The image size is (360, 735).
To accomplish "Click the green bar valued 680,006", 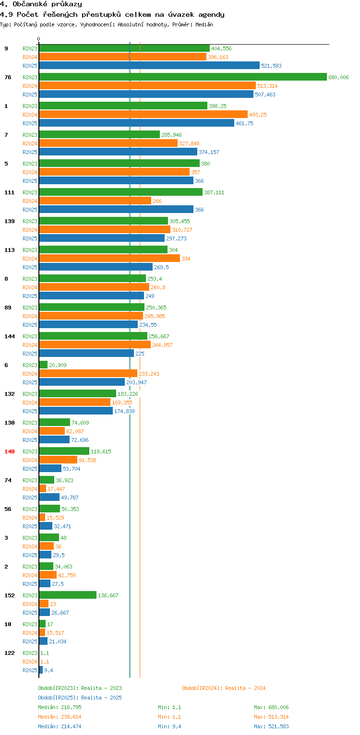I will pyautogui.click(x=182, y=77).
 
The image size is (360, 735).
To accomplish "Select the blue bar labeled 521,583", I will pyautogui.click(x=149, y=65).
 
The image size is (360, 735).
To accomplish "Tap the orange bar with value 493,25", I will pyautogui.click(x=143, y=114).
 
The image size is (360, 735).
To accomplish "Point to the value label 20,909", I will pyautogui.click(x=58, y=365).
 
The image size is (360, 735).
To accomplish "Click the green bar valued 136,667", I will pyautogui.click(x=67, y=595).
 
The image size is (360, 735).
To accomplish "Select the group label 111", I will pyautogui.click(x=10, y=192).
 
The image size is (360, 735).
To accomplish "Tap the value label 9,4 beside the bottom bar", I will pyautogui.click(x=48, y=670).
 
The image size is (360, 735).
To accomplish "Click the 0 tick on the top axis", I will pyautogui.click(x=39, y=39).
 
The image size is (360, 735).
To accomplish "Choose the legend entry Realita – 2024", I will pyautogui.click(x=224, y=688).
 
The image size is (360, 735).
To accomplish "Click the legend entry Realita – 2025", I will pyautogui.click(x=80, y=698).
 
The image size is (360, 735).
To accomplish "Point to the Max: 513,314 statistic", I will pyautogui.click(x=271, y=717).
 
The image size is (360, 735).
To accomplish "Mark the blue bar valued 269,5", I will pyautogui.click(x=96, y=267).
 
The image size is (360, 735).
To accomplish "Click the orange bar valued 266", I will pyautogui.click(x=95, y=201).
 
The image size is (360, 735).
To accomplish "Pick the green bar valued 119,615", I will pyautogui.click(x=64, y=451).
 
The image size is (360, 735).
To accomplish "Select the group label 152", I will pyautogui.click(x=10, y=595).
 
